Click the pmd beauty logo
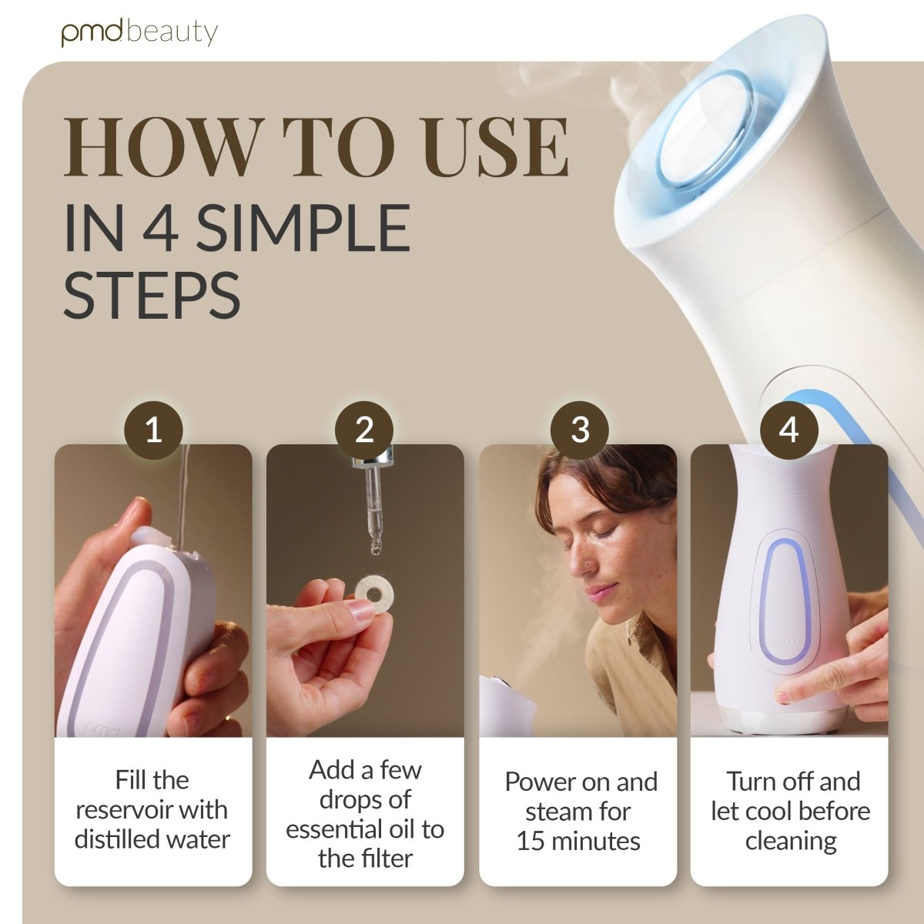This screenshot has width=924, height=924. click(x=139, y=33)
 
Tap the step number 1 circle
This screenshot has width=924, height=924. click(x=153, y=430)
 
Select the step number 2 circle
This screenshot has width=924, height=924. click(x=364, y=430)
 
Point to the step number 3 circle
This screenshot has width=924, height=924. click(x=580, y=430)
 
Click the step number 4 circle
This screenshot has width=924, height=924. click(x=788, y=430)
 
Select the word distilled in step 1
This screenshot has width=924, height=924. click(x=111, y=840)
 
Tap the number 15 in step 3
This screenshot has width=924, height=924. click(x=531, y=842)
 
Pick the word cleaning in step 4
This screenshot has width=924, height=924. click(x=791, y=842)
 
